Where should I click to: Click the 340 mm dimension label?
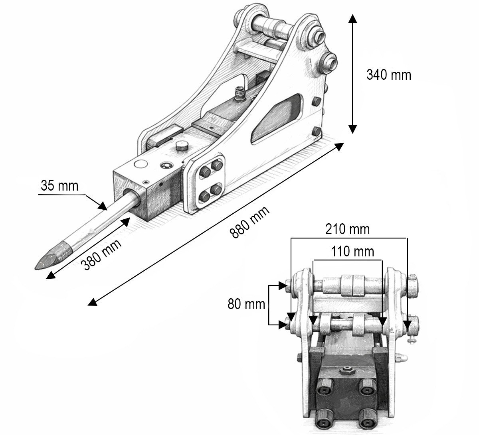point(389,75)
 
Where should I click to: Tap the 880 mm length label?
point(249,222)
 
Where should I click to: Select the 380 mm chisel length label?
point(101,254)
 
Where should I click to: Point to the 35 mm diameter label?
point(59,186)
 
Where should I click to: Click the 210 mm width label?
point(347,229)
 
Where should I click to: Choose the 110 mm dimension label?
point(352,252)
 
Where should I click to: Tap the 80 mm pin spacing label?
point(246,304)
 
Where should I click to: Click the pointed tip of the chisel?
point(36,269)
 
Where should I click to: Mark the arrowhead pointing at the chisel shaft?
point(103,206)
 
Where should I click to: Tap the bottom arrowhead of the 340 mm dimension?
point(352,129)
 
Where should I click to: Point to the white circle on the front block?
point(141,164)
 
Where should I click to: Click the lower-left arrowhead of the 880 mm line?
point(92,303)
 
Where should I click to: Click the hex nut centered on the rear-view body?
point(346,371)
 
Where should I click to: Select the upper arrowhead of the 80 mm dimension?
point(283,285)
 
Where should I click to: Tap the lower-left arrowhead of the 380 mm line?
point(51,276)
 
